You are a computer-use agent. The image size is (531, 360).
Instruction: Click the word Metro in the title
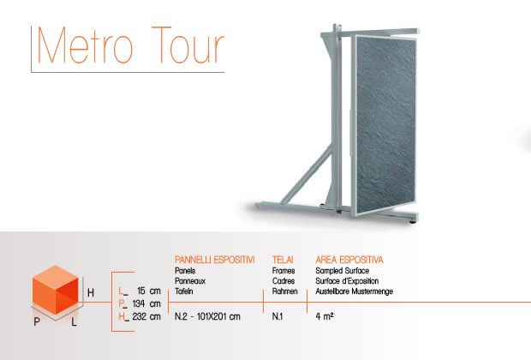click(85, 45)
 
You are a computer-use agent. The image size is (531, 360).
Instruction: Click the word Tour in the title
click(188, 45)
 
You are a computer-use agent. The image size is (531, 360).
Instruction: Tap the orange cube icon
click(55, 290)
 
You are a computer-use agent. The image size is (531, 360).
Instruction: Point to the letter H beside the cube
click(91, 292)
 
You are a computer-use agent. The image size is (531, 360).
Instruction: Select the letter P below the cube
click(37, 321)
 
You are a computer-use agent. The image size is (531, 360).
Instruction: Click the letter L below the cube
click(75, 321)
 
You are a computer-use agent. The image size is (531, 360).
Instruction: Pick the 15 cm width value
click(149, 291)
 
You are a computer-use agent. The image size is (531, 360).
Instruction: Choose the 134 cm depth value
click(146, 303)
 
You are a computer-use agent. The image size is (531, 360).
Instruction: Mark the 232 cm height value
click(146, 316)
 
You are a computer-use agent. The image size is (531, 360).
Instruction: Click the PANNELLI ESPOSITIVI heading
click(215, 260)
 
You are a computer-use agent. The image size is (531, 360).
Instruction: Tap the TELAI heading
click(283, 260)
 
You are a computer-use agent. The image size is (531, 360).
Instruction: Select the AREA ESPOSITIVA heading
click(349, 260)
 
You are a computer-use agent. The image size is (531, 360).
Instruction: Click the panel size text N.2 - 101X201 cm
click(207, 316)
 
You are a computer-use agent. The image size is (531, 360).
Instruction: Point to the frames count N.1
click(277, 316)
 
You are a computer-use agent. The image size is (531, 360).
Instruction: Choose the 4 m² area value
click(325, 316)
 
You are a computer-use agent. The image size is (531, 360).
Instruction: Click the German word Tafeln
click(184, 291)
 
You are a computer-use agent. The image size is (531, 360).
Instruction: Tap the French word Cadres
click(283, 281)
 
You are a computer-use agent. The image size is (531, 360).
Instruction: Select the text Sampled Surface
click(343, 271)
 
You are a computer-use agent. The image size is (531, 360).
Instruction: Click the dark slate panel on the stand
click(385, 125)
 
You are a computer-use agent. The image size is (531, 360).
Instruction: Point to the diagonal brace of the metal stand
click(307, 176)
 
